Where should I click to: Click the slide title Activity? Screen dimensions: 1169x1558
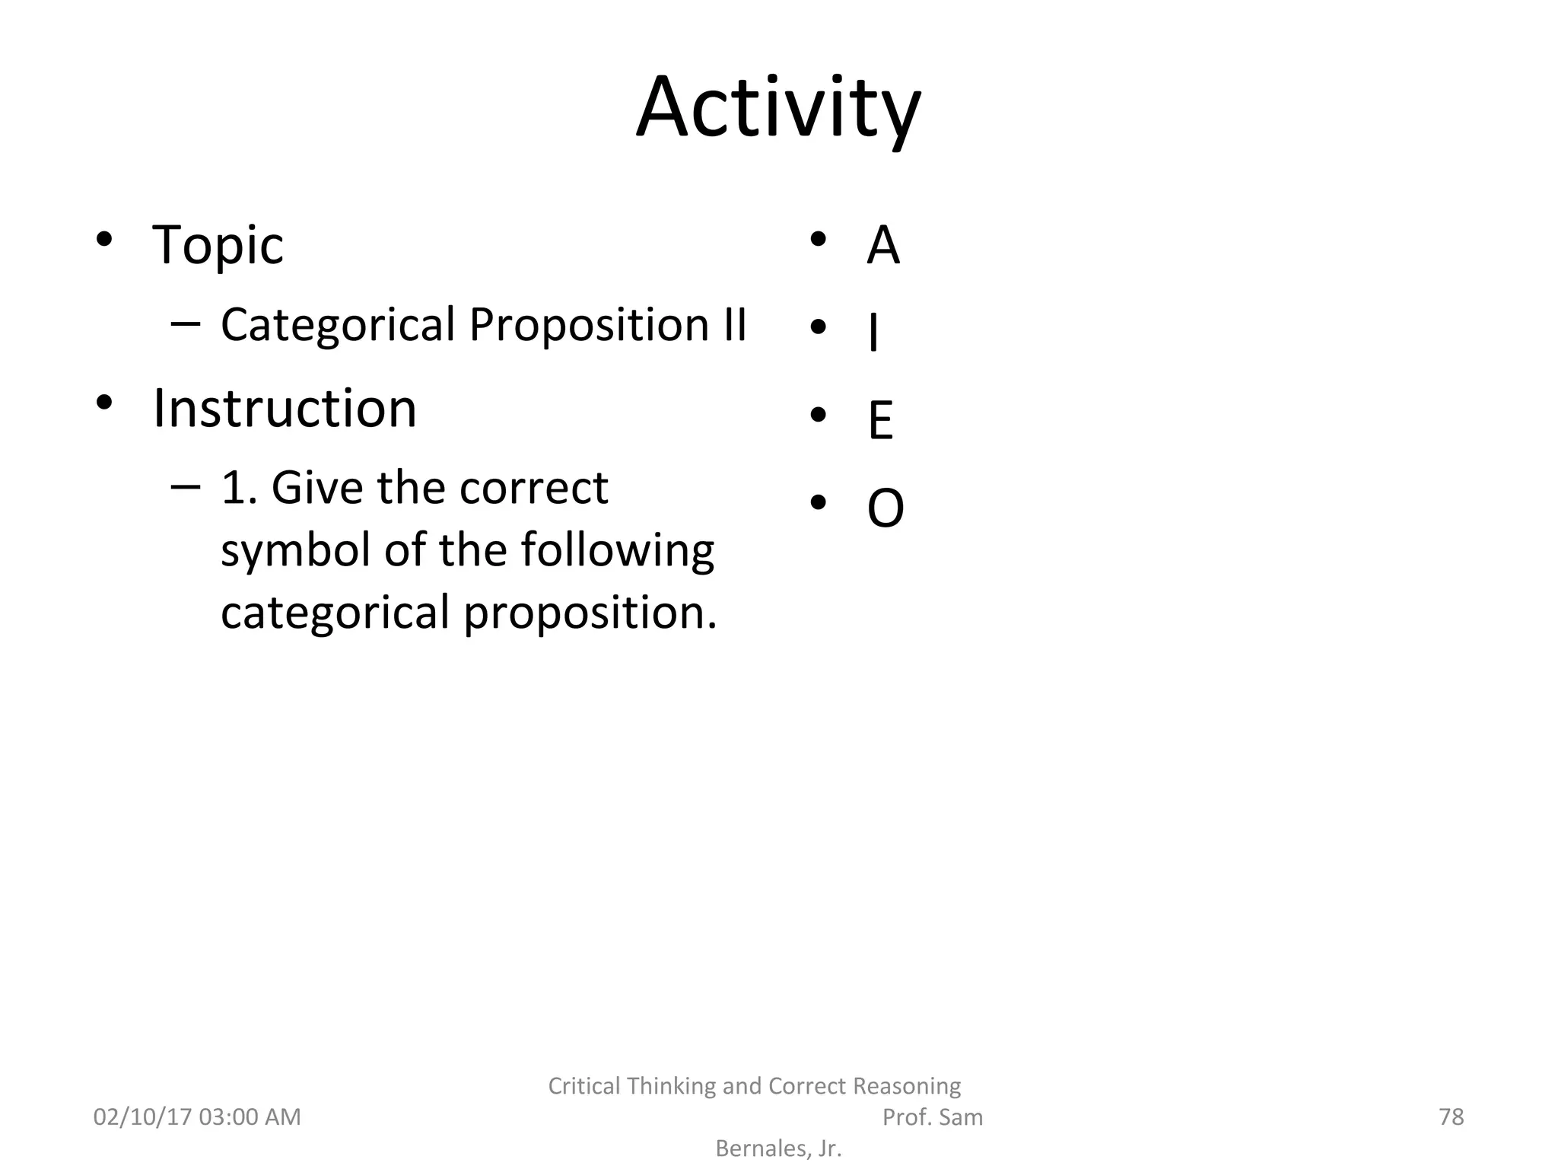778,108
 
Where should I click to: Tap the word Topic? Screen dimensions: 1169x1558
218,245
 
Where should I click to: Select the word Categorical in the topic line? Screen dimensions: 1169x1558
338,325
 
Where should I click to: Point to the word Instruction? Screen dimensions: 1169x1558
285,409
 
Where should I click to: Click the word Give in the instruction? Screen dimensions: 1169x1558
319,488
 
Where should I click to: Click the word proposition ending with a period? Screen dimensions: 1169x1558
590,613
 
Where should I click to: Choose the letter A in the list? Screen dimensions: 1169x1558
882,246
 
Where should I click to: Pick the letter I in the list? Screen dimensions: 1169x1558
873,333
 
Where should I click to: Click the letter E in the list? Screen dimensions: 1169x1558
880,421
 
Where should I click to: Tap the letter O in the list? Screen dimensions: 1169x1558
886,508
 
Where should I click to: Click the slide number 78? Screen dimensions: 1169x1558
1451,1117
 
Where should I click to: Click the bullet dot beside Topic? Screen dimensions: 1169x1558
104,240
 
